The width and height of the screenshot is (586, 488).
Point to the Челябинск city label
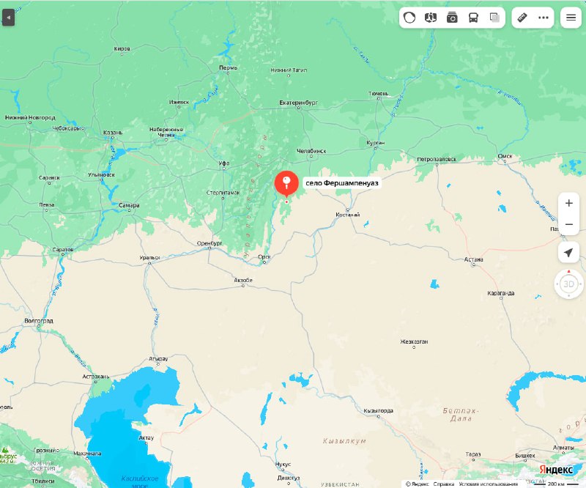311,151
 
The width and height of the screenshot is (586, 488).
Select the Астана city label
474,259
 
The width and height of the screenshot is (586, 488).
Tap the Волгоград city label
39,321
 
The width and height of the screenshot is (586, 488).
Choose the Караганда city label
500,293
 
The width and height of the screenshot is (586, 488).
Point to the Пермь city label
228,67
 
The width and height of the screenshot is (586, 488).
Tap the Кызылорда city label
379,411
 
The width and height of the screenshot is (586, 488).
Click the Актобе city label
242,281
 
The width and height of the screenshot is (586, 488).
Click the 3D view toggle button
568,284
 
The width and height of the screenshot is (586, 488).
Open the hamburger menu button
569,18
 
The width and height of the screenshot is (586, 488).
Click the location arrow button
568,253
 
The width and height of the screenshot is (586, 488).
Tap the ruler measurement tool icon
522,18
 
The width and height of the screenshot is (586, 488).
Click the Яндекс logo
557,469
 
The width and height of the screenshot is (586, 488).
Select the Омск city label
505,155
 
